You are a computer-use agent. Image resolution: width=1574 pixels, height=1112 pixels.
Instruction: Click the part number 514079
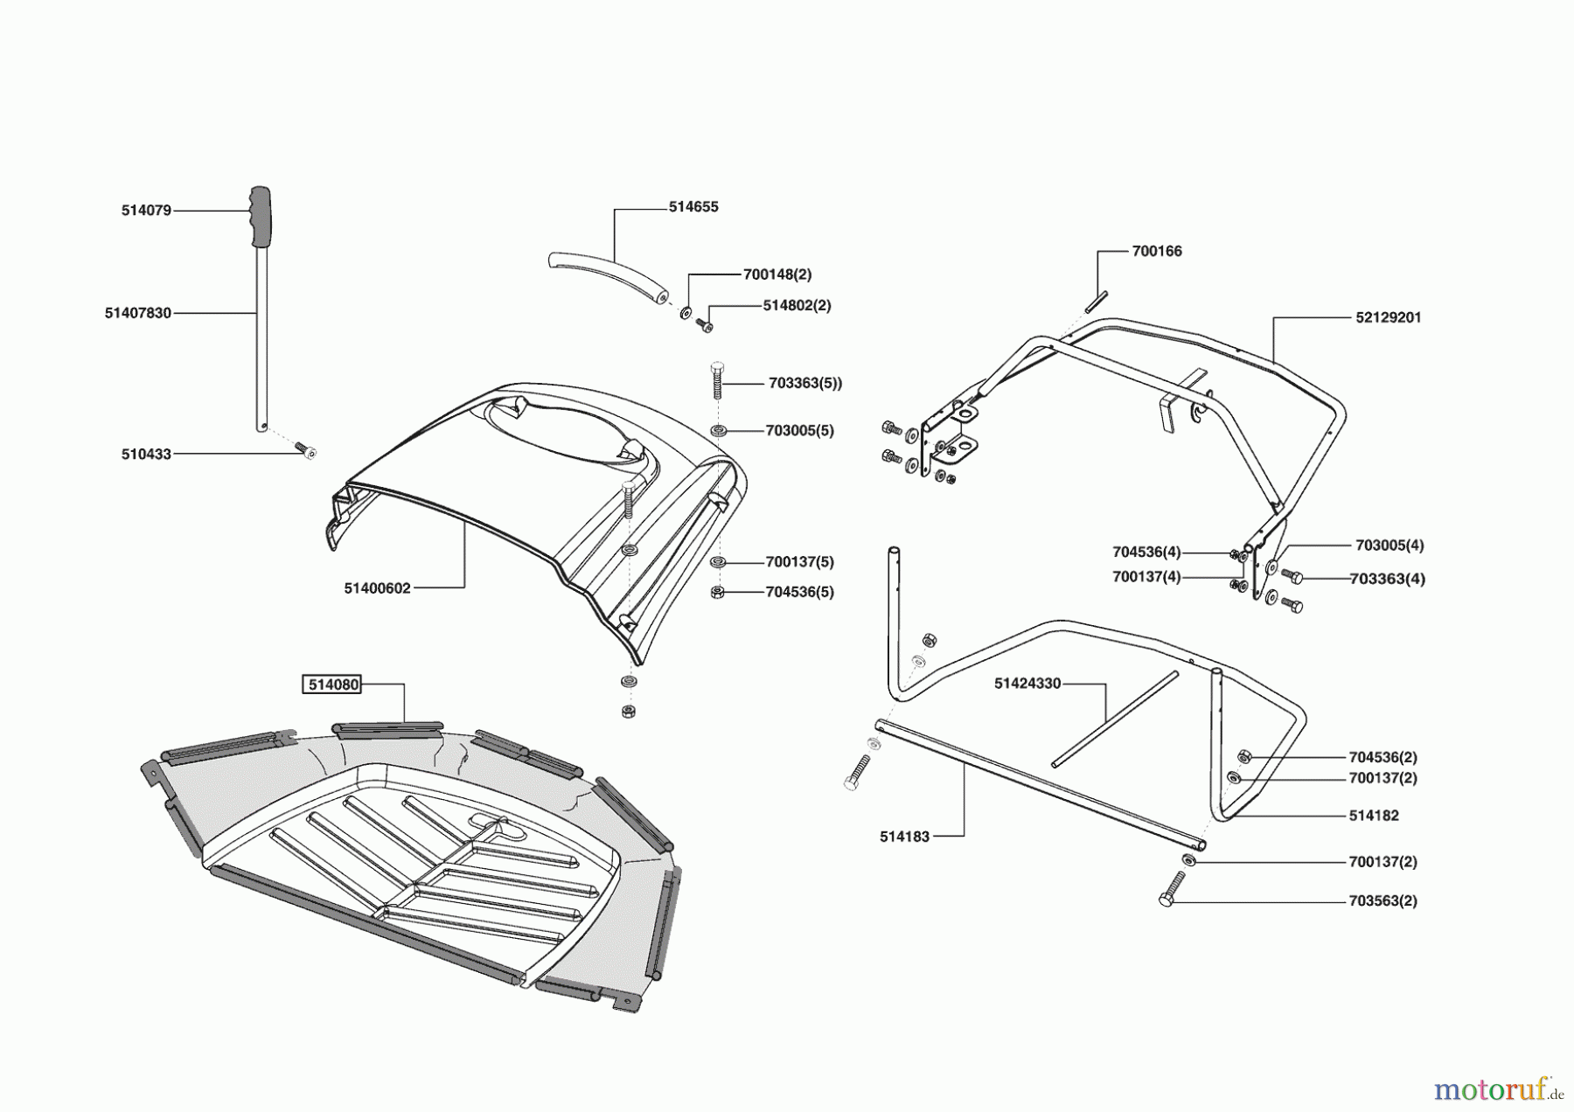(x=146, y=211)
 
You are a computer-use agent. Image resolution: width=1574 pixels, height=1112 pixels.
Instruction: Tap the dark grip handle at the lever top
(x=260, y=217)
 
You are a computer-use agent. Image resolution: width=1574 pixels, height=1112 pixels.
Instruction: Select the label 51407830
(x=138, y=313)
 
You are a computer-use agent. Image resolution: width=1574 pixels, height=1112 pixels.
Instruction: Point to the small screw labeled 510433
(x=307, y=451)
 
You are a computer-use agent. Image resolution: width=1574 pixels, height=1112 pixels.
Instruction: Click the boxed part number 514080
(x=332, y=685)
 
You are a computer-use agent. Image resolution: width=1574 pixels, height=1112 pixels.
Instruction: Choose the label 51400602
(x=377, y=588)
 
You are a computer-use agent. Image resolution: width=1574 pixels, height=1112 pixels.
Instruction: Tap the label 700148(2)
(x=777, y=275)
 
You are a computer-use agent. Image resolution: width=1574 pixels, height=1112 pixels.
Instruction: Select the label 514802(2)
(x=797, y=306)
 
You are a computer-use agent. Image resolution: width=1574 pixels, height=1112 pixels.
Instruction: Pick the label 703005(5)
(x=799, y=431)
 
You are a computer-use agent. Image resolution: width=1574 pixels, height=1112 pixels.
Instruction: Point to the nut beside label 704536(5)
(x=718, y=593)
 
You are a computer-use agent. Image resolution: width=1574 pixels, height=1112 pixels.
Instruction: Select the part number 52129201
(x=1389, y=318)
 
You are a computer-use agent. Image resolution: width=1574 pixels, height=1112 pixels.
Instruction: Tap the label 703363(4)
(x=1387, y=579)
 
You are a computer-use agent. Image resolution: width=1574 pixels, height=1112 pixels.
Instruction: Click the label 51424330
(x=1027, y=684)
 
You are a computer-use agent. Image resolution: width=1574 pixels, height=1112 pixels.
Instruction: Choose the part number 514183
(x=904, y=837)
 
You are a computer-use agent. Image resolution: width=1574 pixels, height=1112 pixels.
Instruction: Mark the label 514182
(x=1374, y=816)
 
